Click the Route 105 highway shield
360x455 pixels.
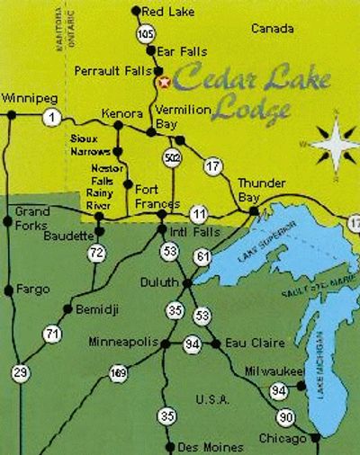pos(147,32)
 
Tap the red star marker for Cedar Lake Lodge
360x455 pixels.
pos(164,82)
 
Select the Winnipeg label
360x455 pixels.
pos(27,97)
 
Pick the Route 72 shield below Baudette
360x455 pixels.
pos(97,254)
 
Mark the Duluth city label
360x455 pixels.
pos(160,281)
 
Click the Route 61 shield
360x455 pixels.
pos(203,257)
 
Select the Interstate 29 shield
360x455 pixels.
pos(20,371)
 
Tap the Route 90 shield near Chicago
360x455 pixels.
pos(285,417)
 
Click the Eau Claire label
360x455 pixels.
pos(256,343)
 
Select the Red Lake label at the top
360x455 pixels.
pos(171,11)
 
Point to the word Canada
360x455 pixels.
pos(272,29)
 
